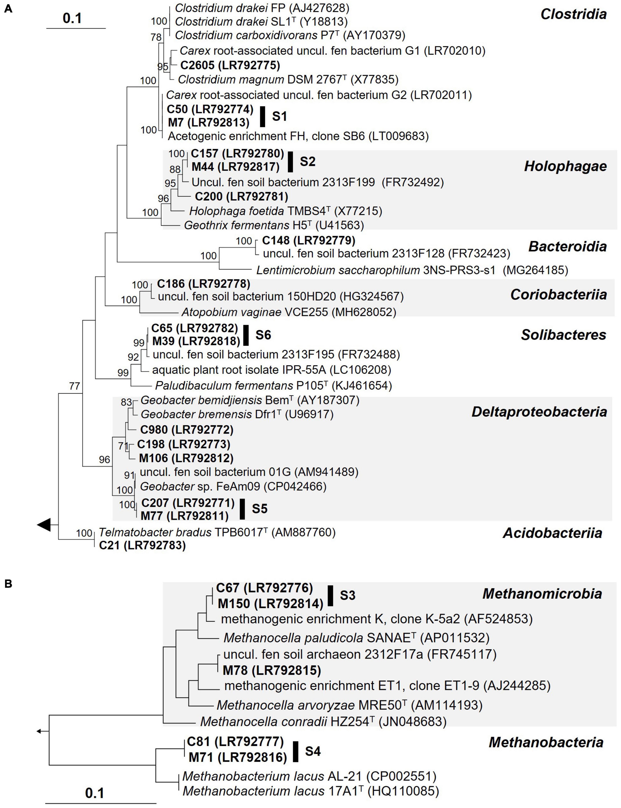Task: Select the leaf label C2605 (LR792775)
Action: [x=230, y=65]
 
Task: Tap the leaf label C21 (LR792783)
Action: [x=142, y=545]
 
